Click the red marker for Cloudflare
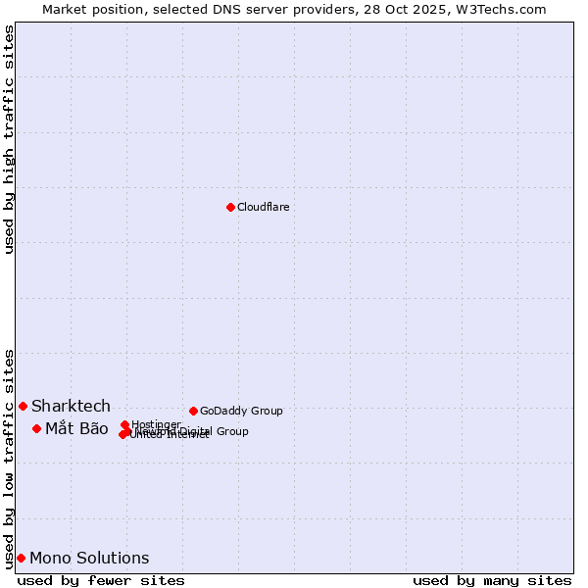(x=230, y=207)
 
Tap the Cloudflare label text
(x=263, y=207)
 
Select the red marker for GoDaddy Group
(x=193, y=411)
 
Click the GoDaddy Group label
(x=240, y=411)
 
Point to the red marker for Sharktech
(x=23, y=406)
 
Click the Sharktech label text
(x=71, y=406)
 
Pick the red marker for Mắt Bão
(x=36, y=428)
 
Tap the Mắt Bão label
(x=76, y=428)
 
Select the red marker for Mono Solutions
(x=21, y=558)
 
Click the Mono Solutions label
(x=89, y=558)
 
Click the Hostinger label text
(x=156, y=424)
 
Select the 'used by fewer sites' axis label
(x=101, y=580)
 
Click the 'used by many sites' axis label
(x=492, y=580)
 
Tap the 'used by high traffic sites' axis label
(x=9, y=139)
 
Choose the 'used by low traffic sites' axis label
(x=9, y=458)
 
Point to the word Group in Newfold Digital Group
(x=231, y=431)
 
